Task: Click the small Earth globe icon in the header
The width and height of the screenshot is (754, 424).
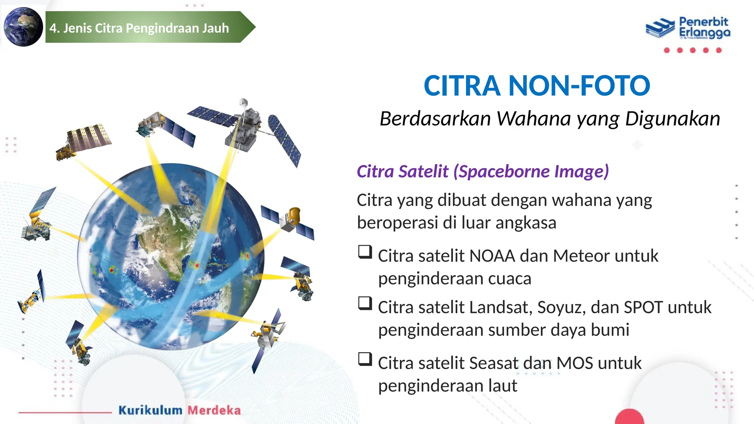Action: point(23,27)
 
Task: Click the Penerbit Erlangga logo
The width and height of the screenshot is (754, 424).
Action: point(688,28)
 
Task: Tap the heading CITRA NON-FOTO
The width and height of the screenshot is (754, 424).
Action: point(537,86)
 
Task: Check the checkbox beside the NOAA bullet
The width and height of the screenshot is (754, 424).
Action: point(365,252)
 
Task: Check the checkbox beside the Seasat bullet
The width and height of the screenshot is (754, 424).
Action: point(365,359)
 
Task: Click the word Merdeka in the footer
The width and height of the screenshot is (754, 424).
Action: point(214,410)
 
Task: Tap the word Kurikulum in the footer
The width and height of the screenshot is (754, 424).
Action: point(150,410)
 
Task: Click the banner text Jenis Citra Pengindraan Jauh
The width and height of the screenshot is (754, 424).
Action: point(146,28)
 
